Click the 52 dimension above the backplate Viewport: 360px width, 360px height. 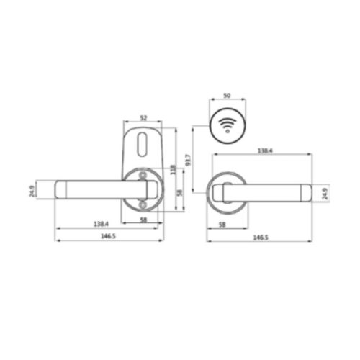pyautogui.click(x=143, y=117)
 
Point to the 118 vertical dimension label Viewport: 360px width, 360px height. pyautogui.click(x=174, y=170)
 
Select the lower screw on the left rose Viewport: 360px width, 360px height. pyautogui.click(x=144, y=204)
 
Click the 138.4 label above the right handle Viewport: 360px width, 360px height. pyautogui.click(x=264, y=151)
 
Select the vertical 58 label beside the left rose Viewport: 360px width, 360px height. pyautogui.click(x=180, y=192)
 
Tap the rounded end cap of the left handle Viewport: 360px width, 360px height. pyautogui.click(x=61, y=190)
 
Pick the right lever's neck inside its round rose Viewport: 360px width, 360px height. pyautogui.click(x=225, y=193)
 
